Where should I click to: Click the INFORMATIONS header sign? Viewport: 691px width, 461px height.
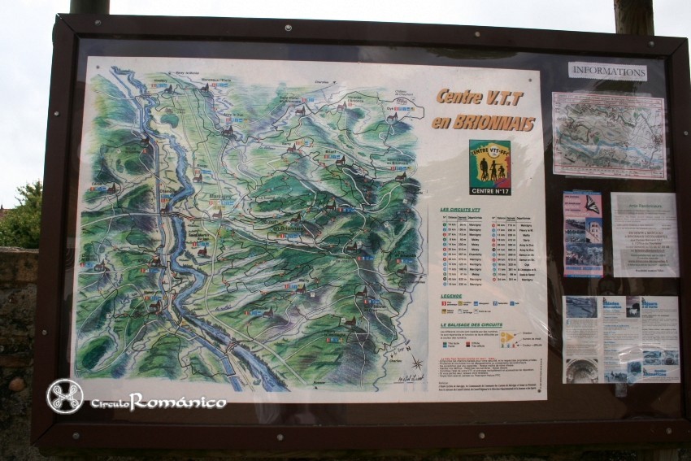(607, 71)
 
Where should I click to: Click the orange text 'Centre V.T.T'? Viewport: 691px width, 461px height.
(480, 97)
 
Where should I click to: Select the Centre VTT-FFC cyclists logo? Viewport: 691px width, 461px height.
(489, 163)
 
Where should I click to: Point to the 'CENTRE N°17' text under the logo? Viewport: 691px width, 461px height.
(489, 190)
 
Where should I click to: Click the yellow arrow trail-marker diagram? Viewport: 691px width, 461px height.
(507, 338)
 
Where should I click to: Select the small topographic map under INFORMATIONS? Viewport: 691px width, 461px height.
(608, 135)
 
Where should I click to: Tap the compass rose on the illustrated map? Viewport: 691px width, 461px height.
(415, 363)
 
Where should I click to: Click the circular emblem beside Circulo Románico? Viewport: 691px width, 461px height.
(65, 396)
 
